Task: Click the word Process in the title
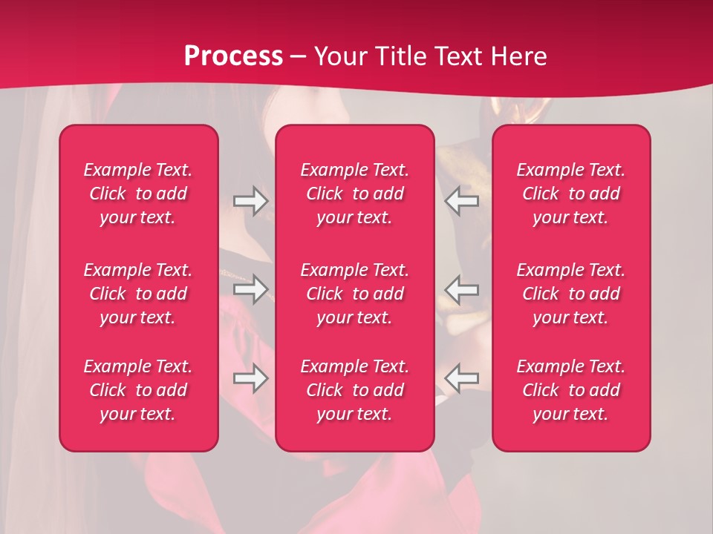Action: (233, 56)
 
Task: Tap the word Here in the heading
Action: (517, 56)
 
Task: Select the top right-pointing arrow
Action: (251, 201)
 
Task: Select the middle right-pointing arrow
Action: (251, 289)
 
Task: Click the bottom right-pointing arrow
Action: (251, 378)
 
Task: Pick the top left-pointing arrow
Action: (462, 201)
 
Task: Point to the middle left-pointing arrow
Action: (462, 289)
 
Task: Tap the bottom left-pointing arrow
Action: (462, 378)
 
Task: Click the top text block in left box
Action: (138, 194)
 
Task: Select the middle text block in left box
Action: (138, 294)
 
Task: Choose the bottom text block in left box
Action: (138, 390)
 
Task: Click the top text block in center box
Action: (355, 194)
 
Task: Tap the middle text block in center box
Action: (355, 294)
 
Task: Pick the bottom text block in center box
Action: (355, 390)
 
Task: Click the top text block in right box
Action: (571, 194)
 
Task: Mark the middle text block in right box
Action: (571, 294)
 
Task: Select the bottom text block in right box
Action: (571, 390)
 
